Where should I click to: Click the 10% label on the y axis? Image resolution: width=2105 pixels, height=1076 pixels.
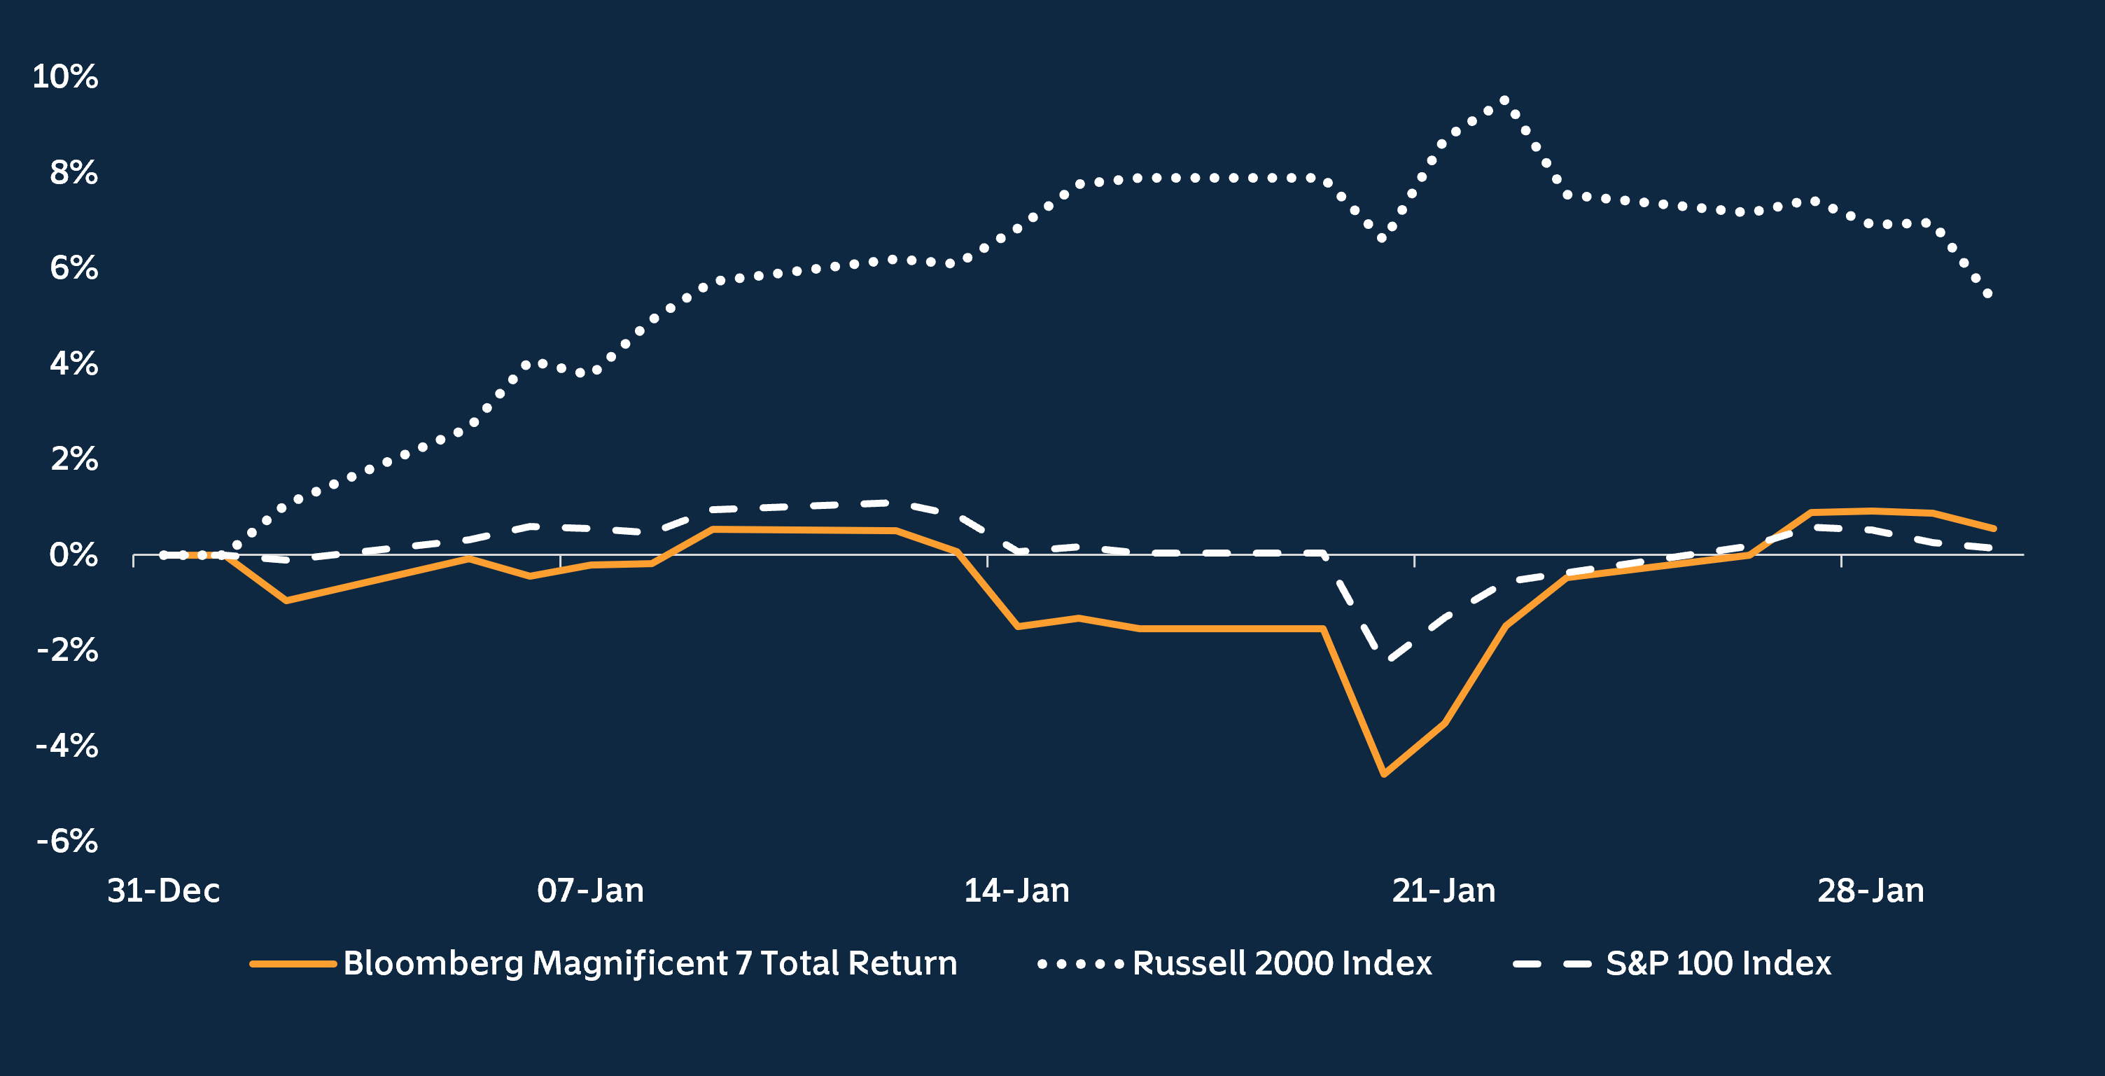[64, 77]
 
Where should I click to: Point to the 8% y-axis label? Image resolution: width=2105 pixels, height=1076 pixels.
[73, 172]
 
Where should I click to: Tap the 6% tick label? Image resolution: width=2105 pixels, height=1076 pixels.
[73, 268]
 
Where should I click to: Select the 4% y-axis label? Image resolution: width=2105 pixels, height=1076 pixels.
[73, 363]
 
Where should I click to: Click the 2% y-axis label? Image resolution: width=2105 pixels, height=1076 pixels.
[74, 459]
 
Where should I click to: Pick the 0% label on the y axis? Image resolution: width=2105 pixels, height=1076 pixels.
[73, 556]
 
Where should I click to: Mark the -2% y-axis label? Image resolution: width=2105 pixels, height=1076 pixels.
[67, 650]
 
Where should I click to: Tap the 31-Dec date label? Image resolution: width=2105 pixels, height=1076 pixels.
[163, 890]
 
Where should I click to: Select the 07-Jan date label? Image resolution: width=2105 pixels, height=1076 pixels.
[590, 890]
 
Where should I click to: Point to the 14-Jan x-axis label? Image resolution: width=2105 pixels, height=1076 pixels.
[1016, 890]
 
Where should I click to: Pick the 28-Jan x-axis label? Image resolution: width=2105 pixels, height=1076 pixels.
[1870, 890]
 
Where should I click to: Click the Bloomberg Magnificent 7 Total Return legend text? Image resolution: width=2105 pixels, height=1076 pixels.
[650, 963]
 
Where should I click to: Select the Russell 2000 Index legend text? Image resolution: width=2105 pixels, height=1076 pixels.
[1281, 963]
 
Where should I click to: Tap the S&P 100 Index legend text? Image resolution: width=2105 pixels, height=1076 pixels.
[1718, 963]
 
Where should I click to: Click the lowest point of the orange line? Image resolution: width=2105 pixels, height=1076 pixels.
[1383, 774]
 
